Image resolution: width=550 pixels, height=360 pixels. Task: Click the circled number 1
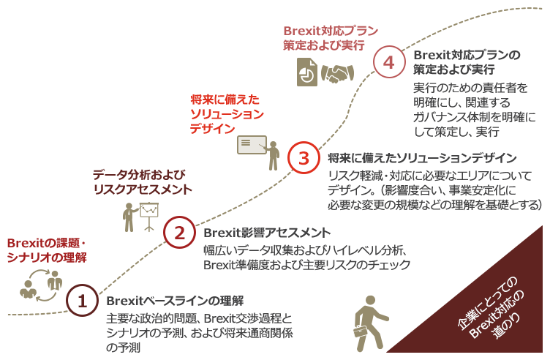tap(82, 300)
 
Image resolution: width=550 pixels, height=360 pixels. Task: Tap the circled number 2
tap(178, 233)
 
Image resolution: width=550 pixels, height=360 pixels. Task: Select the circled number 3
tap(304, 157)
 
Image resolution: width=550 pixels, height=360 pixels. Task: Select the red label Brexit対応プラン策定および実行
tap(330, 38)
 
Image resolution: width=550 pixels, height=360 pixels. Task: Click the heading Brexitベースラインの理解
tap(175, 301)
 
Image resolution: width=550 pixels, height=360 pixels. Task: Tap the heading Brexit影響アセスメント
tap(266, 233)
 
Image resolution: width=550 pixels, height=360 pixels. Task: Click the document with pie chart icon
tap(306, 72)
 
